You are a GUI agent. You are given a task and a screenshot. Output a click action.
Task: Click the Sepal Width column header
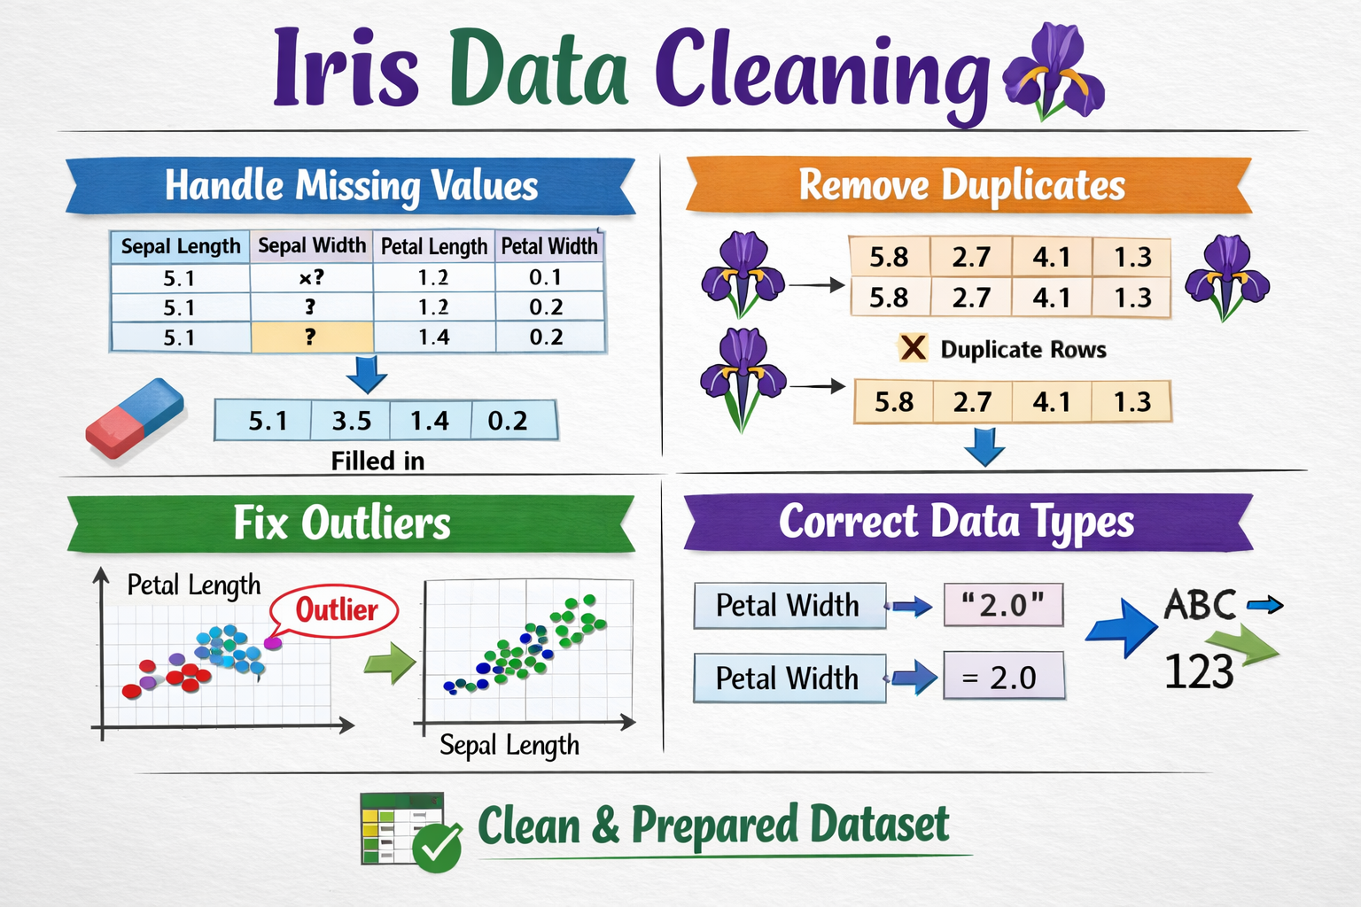(312, 246)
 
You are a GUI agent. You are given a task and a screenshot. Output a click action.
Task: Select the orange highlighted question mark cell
(312, 337)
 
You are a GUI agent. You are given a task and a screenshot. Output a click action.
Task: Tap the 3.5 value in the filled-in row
(351, 421)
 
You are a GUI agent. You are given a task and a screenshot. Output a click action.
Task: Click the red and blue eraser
(135, 417)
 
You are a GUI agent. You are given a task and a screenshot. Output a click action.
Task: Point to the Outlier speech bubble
(334, 610)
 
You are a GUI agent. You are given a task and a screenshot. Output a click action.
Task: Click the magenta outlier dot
(273, 643)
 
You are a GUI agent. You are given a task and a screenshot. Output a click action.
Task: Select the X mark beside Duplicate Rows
(913, 349)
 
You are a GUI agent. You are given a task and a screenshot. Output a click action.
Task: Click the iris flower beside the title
(1054, 71)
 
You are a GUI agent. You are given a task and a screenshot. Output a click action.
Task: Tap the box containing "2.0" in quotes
(1003, 605)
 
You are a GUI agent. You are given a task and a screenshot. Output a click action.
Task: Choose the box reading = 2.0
(1004, 676)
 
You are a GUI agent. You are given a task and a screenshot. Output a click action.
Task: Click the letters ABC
(1200, 605)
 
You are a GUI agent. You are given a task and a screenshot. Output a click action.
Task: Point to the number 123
(1199, 672)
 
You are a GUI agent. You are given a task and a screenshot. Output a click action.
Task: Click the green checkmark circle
(437, 848)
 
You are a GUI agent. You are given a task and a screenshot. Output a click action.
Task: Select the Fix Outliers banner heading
(342, 523)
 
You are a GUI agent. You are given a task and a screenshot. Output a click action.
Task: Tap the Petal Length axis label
(194, 585)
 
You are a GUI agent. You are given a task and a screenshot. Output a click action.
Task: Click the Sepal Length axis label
(509, 746)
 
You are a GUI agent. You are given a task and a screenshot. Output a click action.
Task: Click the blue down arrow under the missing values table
(367, 375)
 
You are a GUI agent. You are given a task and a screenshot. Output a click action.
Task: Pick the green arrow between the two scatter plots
(390, 663)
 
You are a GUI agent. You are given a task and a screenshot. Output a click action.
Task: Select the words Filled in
(377, 461)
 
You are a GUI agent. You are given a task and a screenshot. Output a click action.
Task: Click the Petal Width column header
(549, 246)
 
